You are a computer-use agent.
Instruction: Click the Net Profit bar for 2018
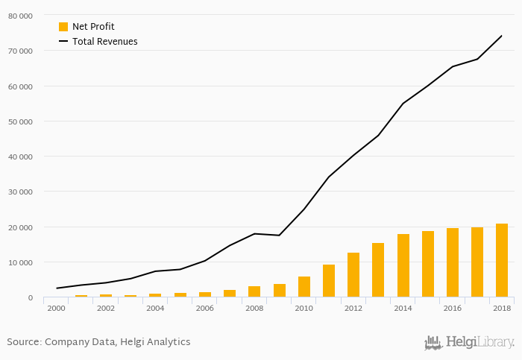tap(502, 261)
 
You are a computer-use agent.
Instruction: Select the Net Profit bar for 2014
tap(403, 266)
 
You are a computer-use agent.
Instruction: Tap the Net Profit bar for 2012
tap(353, 275)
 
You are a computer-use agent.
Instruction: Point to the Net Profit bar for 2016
tap(453, 263)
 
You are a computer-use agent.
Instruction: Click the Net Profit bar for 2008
tap(254, 291)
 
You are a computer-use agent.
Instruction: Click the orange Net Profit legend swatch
tap(63, 27)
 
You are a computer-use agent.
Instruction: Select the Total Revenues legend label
tap(104, 42)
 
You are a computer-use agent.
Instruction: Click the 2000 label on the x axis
tap(56, 307)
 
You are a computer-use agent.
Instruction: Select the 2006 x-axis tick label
tap(204, 307)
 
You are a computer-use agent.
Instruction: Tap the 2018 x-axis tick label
tap(502, 307)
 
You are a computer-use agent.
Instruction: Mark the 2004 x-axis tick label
tap(155, 307)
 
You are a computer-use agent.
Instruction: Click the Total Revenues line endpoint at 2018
tap(502, 36)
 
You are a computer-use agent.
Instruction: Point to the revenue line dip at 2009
tap(279, 236)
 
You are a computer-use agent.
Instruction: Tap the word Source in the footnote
tap(23, 342)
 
